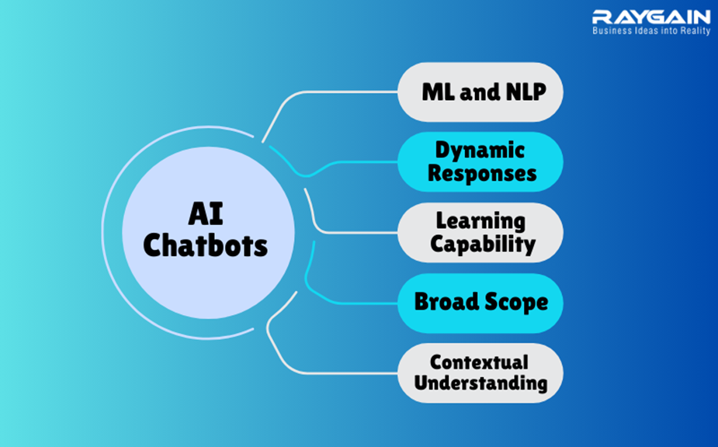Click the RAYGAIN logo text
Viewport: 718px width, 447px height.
pos(651,17)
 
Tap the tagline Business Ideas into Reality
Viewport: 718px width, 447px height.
pos(651,31)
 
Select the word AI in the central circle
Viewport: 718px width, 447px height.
pos(206,214)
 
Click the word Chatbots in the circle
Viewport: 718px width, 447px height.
pos(205,245)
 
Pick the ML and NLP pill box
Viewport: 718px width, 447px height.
pos(480,92)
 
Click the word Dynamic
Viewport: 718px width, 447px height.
pos(480,151)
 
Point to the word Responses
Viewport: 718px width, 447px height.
pos(482,174)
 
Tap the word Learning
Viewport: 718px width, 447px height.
pos(480,221)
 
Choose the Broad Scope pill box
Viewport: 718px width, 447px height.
pos(480,303)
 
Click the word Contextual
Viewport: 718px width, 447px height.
pos(479,362)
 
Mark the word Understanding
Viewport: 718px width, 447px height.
pos(480,383)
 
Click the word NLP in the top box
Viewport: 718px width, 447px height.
pos(526,92)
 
